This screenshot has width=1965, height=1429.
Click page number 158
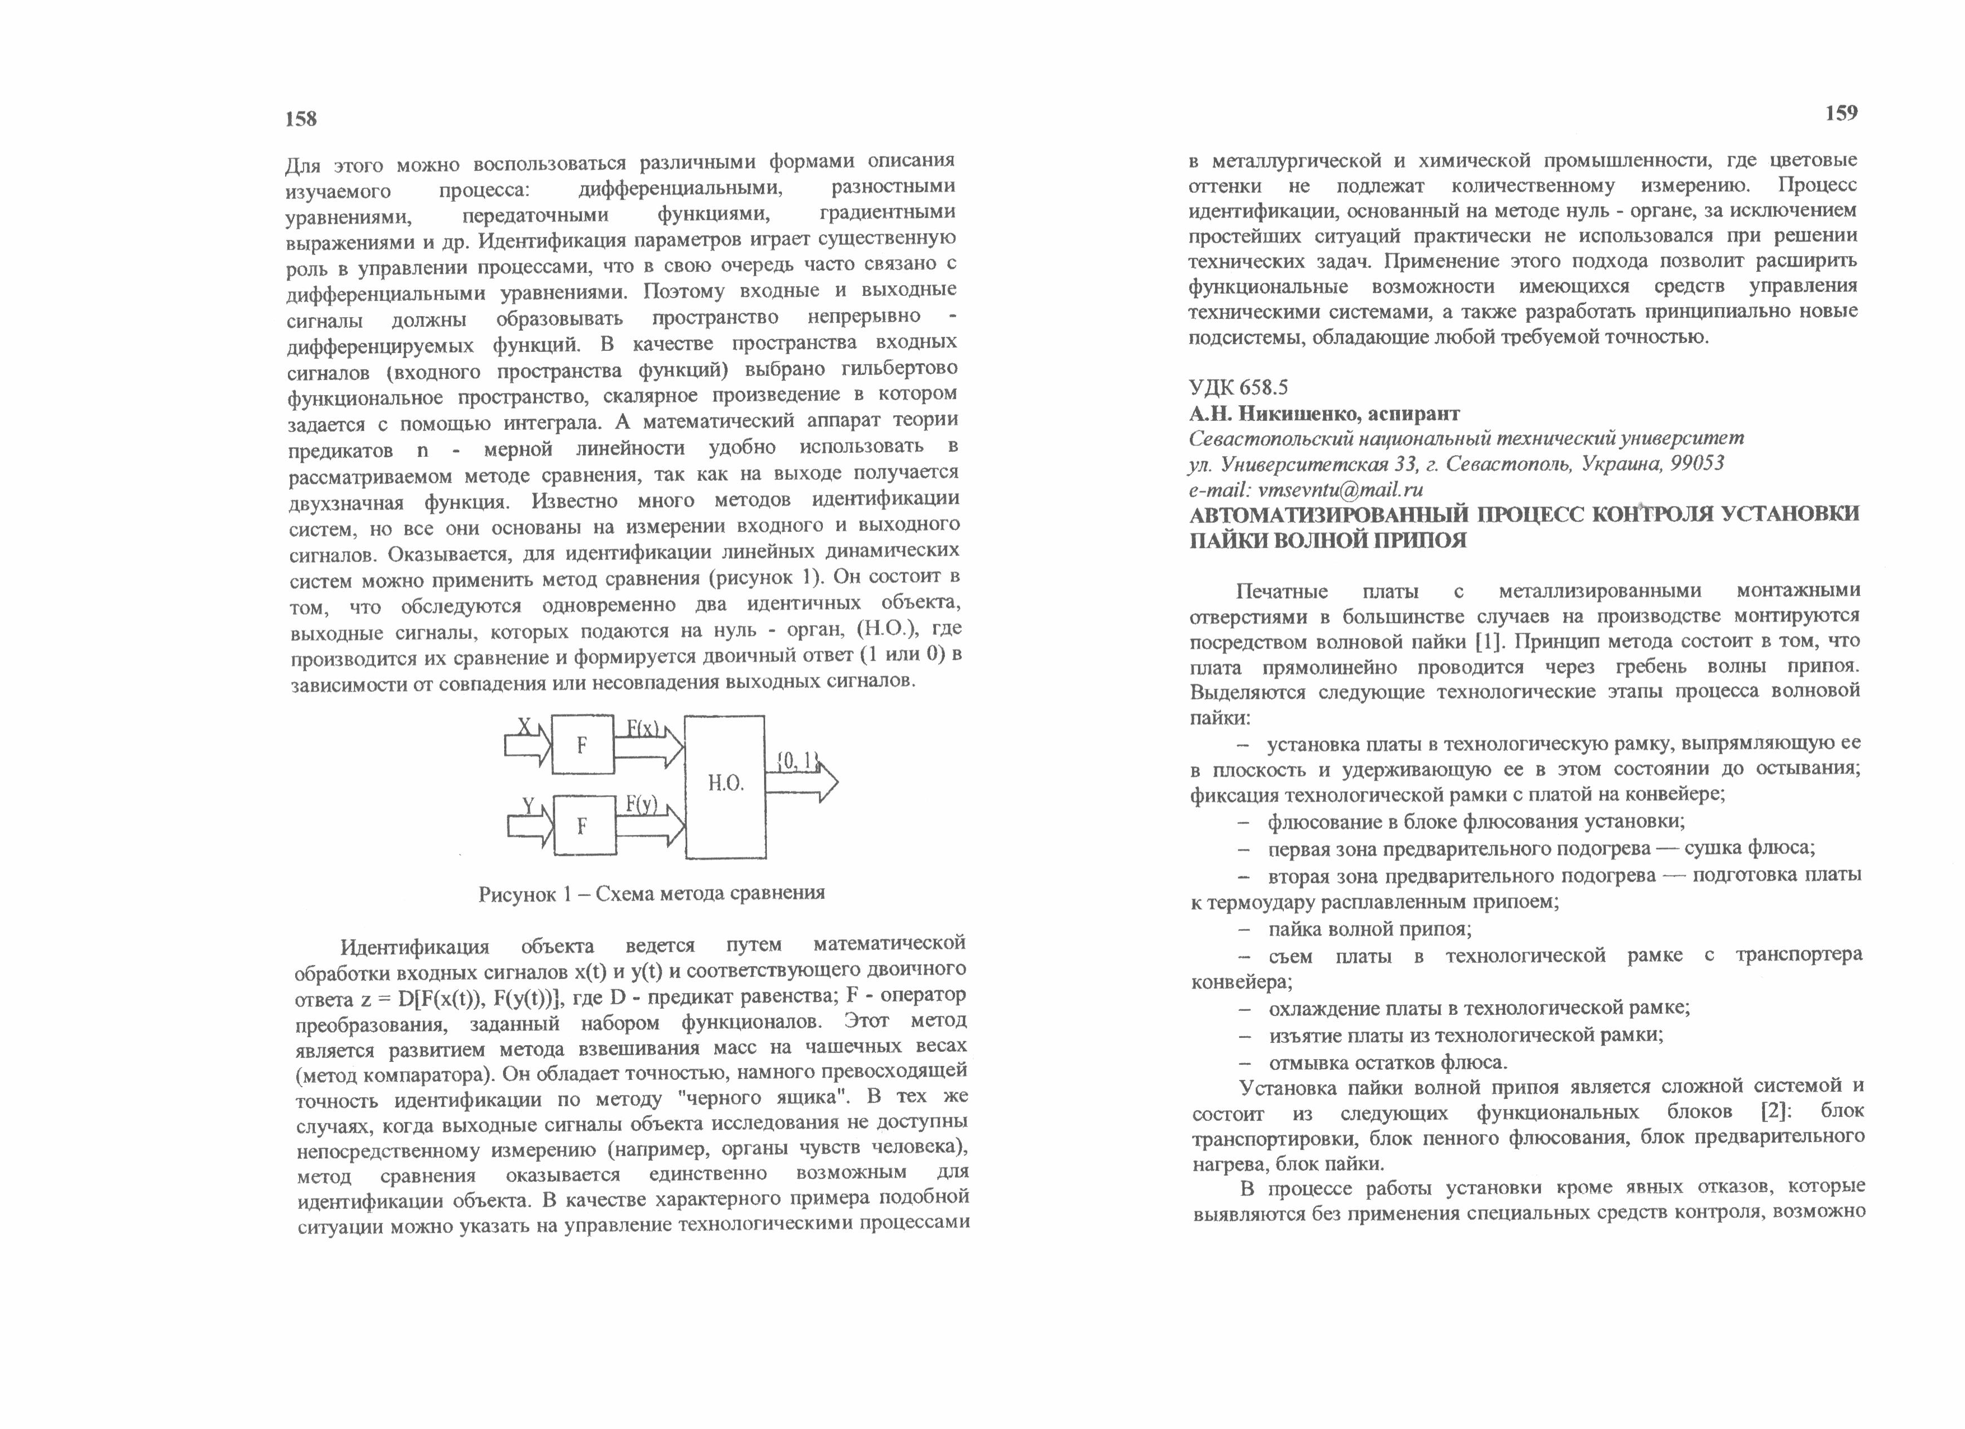(x=301, y=119)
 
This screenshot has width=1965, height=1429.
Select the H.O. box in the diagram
(x=725, y=786)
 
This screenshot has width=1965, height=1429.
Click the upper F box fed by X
(x=582, y=744)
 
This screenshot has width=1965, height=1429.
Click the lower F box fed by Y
(x=582, y=826)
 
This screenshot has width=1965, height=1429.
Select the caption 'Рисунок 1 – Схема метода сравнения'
(x=651, y=893)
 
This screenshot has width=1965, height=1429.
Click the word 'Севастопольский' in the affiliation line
(x=1266, y=438)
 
